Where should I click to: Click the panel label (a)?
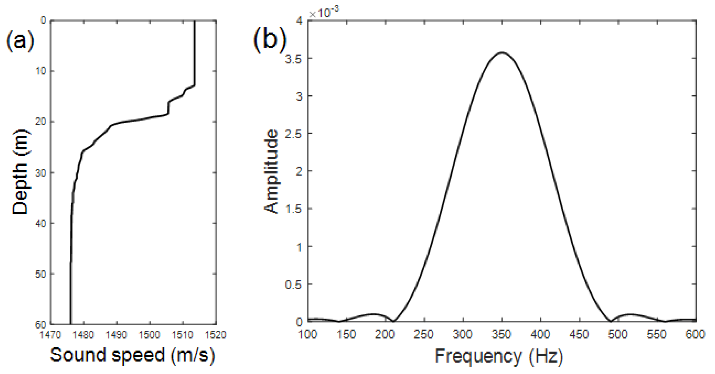[x=20, y=41]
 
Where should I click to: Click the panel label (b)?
[x=270, y=40]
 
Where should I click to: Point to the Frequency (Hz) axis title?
[x=499, y=356]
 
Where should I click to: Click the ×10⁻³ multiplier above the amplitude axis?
[x=324, y=13]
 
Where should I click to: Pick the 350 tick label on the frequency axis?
[x=501, y=334]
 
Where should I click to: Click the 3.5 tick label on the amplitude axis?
[x=293, y=59]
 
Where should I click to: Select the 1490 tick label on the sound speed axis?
[x=116, y=335]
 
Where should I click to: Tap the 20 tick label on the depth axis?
[x=41, y=122]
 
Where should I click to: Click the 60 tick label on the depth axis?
[x=41, y=325]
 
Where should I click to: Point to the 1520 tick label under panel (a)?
[x=216, y=335]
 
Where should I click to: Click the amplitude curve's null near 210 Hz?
[x=393, y=321]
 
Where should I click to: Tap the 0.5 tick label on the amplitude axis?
[x=293, y=284]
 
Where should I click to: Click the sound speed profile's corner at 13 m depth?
[x=194, y=86]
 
